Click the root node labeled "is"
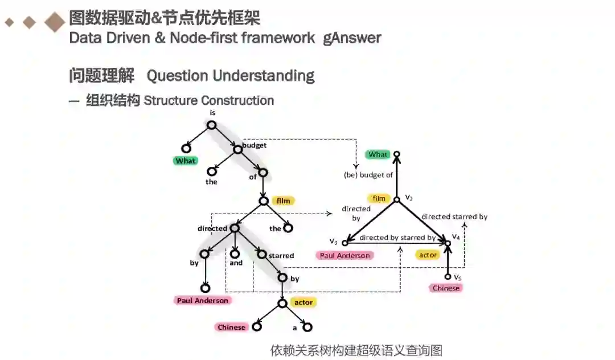point(211,125)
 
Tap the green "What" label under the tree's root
point(186,161)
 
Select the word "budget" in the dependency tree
point(254,145)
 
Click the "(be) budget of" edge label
point(368,175)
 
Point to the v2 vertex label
point(408,197)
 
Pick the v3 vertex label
point(334,242)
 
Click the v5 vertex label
point(457,277)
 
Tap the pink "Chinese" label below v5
point(446,288)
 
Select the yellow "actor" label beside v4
point(428,255)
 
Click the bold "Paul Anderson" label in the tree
point(202,300)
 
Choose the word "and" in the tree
point(236,263)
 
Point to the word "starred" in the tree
point(280,256)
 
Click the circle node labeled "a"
point(307,328)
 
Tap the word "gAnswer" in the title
point(352,38)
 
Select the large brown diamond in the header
point(55,22)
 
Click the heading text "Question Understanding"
point(231,75)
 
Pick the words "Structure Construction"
point(209,101)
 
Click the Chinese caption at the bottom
point(356,350)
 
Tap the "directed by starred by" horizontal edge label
point(397,238)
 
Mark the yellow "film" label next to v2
point(379,199)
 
